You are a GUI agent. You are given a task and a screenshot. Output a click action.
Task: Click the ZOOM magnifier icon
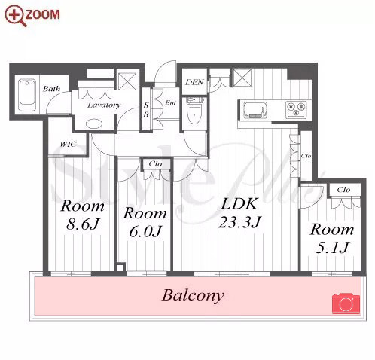16,16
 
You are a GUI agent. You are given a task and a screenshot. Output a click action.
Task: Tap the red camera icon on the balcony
346,304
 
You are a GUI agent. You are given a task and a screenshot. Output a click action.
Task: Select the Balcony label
193,295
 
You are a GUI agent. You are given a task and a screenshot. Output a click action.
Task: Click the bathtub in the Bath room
28,96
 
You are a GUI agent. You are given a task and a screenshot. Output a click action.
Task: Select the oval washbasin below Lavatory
94,124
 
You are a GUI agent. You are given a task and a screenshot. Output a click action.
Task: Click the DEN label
194,82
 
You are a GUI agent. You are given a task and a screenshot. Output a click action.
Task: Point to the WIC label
68,144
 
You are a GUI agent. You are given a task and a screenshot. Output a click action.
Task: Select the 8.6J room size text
83,224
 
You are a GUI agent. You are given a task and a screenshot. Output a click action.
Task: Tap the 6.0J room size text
145,231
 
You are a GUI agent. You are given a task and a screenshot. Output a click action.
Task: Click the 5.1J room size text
332,248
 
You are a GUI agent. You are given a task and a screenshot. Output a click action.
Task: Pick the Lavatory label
104,105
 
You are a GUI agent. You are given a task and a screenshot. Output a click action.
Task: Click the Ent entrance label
171,102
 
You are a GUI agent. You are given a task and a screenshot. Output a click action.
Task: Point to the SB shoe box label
146,110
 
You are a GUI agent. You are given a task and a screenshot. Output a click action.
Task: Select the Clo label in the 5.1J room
343,189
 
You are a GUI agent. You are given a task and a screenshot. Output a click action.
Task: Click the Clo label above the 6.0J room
155,164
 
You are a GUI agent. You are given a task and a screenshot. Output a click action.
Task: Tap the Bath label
52,89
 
